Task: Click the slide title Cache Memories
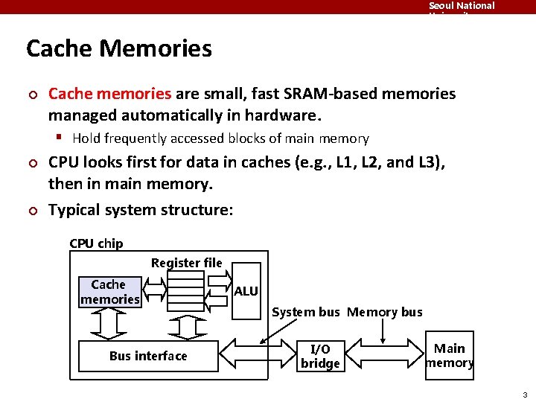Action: point(119,49)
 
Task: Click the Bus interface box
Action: point(148,356)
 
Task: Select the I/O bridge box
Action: point(320,356)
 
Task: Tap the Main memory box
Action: point(449,356)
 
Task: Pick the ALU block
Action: point(246,291)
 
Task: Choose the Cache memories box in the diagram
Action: point(109,292)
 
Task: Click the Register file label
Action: point(186,263)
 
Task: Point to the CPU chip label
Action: point(96,243)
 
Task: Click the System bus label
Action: point(305,312)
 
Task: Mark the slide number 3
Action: point(525,395)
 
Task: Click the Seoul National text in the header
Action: point(462,6)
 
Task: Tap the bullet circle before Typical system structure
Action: point(32,211)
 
